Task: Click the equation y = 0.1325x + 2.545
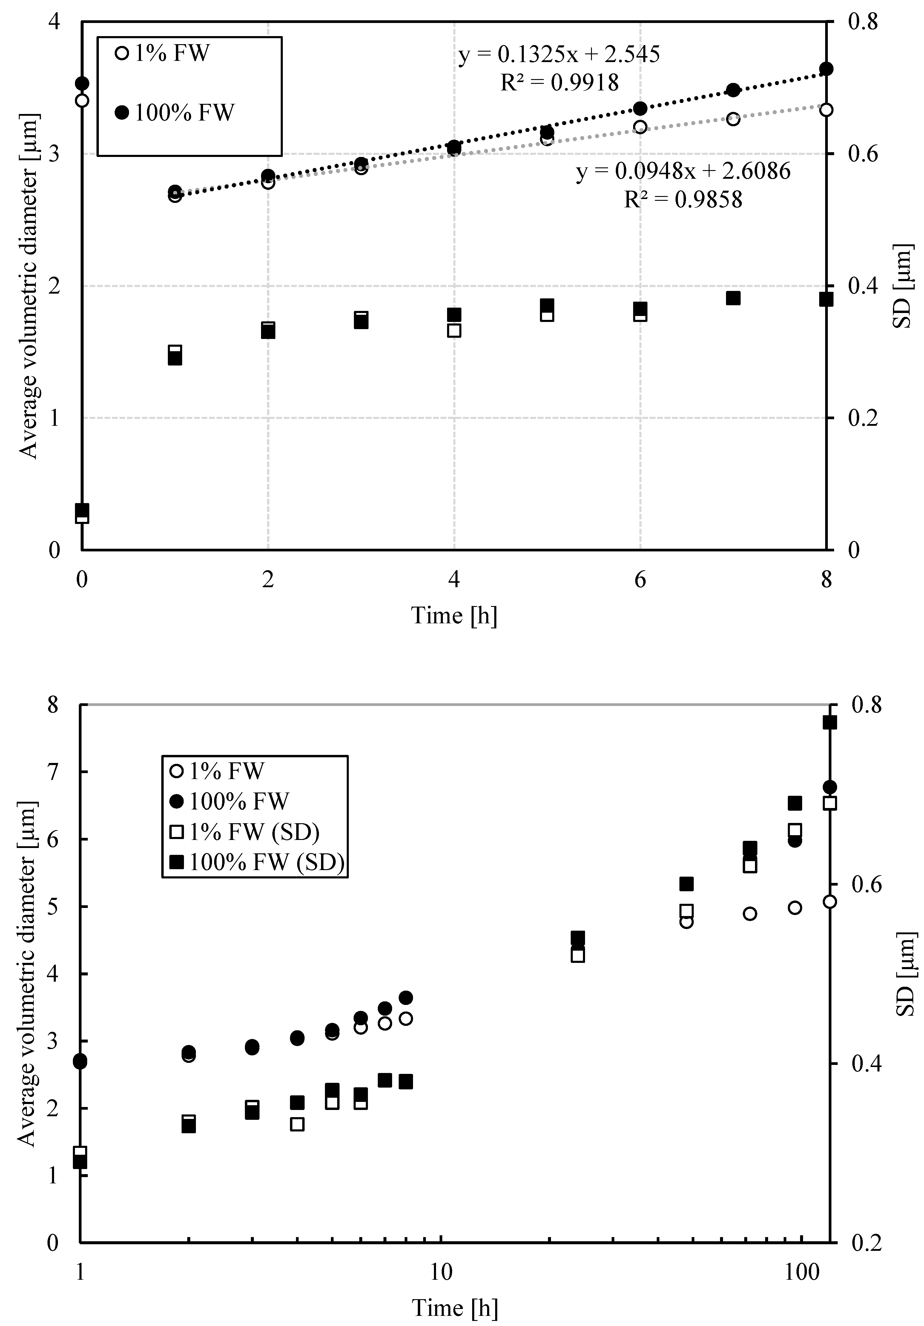point(559,55)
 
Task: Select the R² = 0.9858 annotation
point(683,199)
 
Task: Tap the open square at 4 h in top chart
point(454,330)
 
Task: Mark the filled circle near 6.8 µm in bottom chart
point(829,787)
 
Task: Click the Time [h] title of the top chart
point(454,616)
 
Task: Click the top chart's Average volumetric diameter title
point(29,286)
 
